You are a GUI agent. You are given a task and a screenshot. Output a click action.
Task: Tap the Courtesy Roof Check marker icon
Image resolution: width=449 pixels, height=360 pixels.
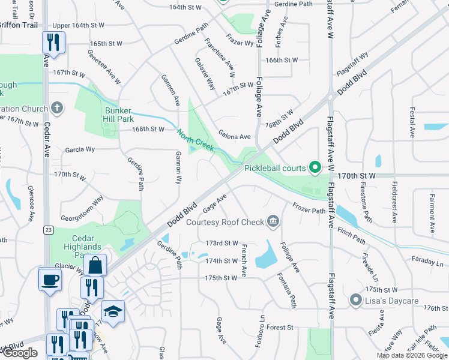[273, 222]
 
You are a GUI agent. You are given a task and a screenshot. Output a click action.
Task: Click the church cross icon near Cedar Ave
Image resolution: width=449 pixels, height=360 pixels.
[56, 108]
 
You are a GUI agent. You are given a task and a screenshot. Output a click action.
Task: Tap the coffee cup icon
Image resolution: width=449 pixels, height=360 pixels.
[49, 279]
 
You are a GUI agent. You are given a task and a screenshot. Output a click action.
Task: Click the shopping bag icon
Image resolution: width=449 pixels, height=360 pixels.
[95, 265]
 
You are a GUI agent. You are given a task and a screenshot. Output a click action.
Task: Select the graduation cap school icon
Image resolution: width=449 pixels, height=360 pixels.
[112, 311]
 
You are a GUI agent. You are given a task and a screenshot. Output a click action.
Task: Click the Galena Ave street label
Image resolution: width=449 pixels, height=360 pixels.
[234, 136]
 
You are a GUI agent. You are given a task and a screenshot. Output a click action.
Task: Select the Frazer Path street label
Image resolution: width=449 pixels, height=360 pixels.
[309, 211]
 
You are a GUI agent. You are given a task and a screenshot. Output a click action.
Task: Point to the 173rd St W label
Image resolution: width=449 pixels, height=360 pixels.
[221, 243]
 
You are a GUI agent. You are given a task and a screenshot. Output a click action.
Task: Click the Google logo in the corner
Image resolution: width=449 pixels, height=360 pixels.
[20, 352]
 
